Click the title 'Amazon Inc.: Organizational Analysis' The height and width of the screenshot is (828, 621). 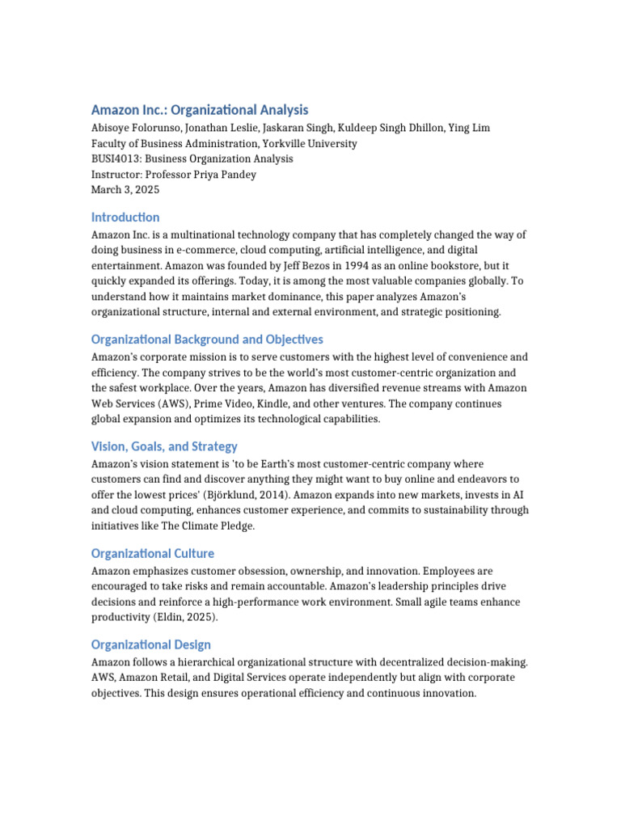pyautogui.click(x=200, y=110)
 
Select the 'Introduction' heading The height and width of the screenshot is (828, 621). pyautogui.click(x=125, y=218)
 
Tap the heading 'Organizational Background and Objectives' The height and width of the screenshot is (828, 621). pyautogui.click(x=207, y=340)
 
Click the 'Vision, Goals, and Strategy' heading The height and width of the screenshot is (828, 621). pyautogui.click(x=164, y=446)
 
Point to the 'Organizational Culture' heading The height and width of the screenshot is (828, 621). pyautogui.click(x=153, y=554)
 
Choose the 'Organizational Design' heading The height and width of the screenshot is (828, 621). pyautogui.click(x=151, y=644)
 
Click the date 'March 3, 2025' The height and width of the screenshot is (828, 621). pyautogui.click(x=125, y=190)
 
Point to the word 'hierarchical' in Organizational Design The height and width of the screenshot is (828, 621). pyautogui.click(x=204, y=662)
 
